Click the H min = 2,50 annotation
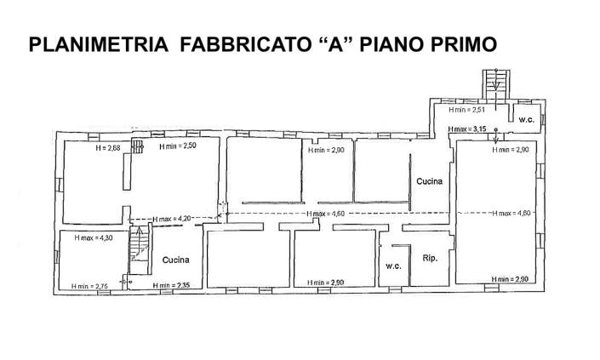(178, 146)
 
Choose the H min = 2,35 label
(171, 285)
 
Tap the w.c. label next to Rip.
(393, 265)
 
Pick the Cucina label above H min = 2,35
(175, 260)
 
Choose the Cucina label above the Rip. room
(429, 181)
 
